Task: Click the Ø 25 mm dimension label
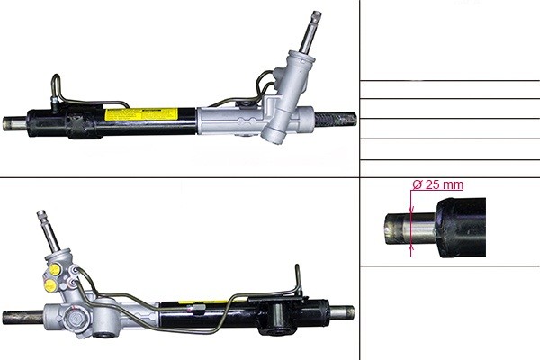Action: [437, 184]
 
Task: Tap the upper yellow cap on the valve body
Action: [55, 269]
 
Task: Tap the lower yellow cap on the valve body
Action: [50, 284]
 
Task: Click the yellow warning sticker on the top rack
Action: [141, 114]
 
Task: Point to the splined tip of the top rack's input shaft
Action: [316, 16]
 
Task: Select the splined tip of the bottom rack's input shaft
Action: [41, 214]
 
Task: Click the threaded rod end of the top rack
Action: [336, 119]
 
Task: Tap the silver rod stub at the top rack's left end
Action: [14, 123]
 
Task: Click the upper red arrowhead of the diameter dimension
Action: [411, 209]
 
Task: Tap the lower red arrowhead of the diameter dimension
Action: [411, 247]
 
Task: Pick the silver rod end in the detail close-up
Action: [409, 229]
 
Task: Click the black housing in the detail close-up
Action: [461, 228]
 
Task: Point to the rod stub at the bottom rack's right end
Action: [342, 312]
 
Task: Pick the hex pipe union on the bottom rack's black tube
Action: [198, 307]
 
